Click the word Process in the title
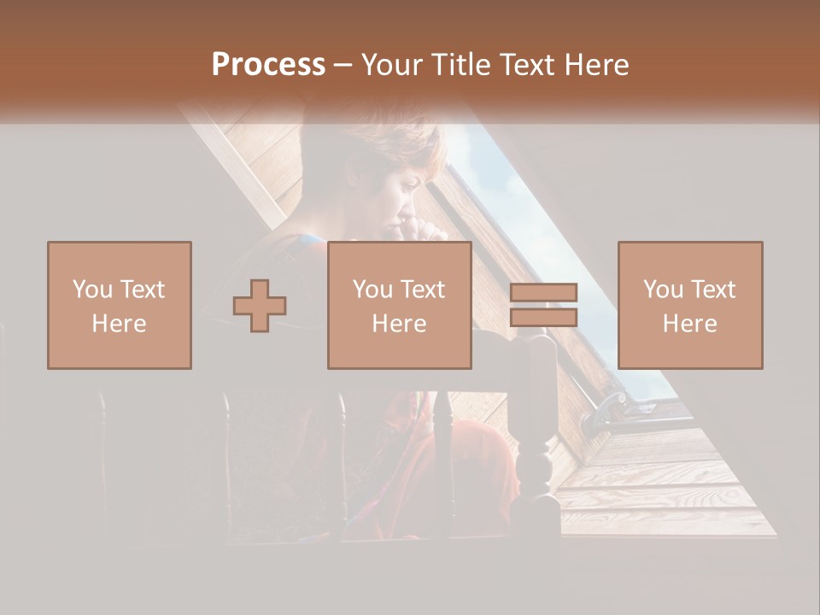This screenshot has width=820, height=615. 268,65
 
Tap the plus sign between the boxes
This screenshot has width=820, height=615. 260,306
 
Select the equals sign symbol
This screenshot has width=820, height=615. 543,306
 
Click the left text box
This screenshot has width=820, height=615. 119,306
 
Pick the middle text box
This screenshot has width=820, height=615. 399,306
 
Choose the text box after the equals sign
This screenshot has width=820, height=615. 689,306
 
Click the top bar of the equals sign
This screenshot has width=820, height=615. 543,293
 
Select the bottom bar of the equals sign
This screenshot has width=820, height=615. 543,318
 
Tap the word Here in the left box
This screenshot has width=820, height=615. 119,324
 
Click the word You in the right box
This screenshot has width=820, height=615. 663,290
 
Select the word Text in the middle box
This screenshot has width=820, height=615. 423,290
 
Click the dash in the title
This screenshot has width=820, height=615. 343,66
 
